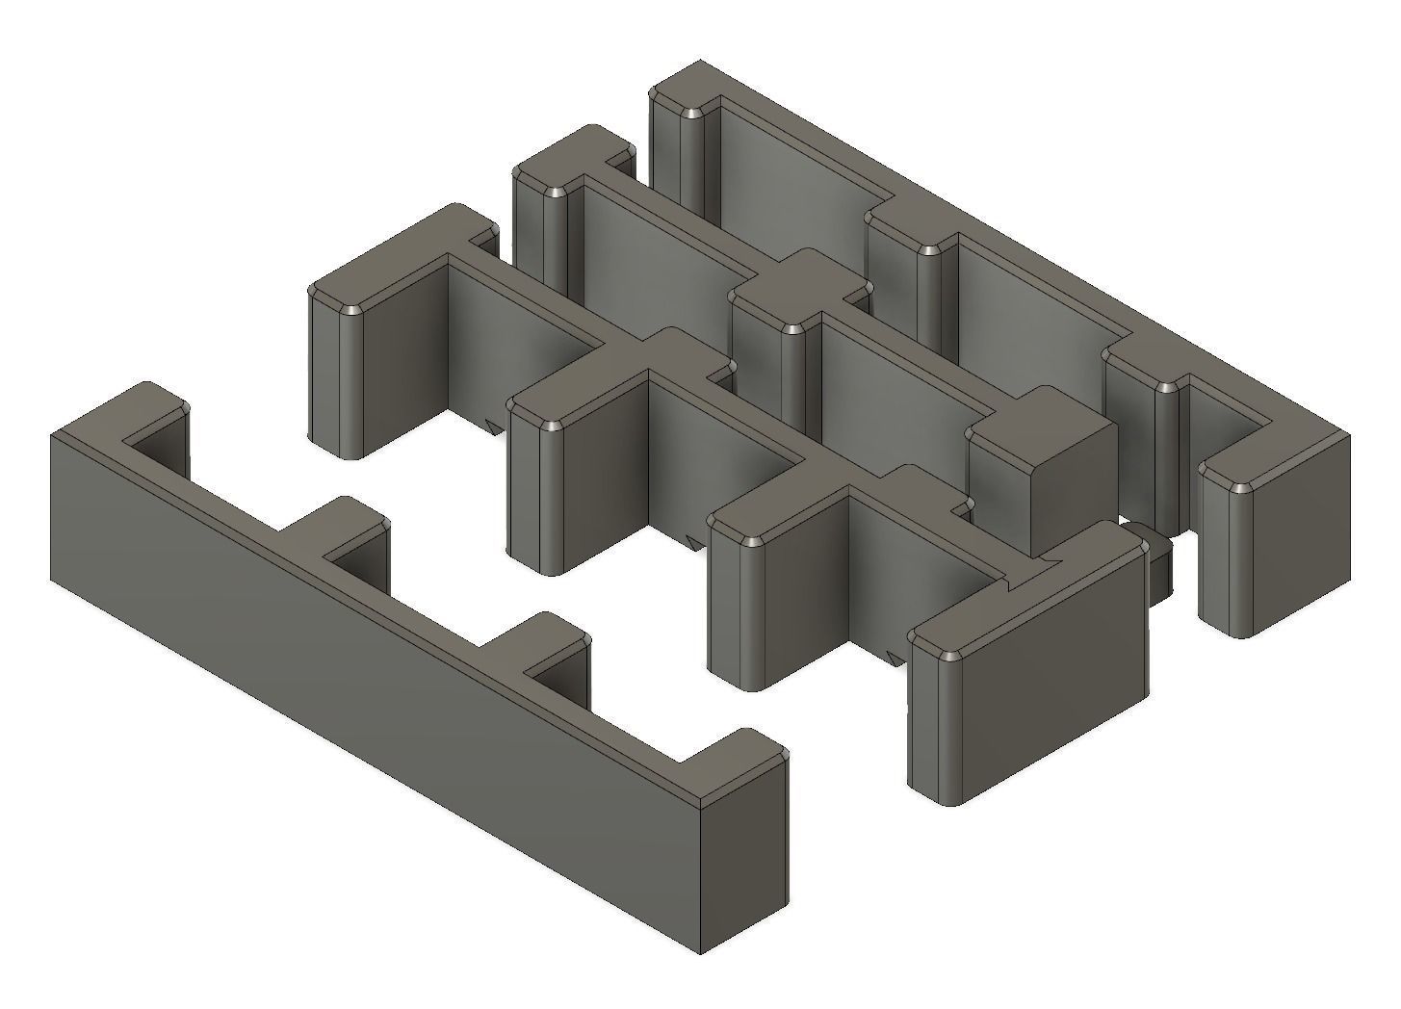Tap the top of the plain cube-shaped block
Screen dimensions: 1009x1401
tap(1040, 424)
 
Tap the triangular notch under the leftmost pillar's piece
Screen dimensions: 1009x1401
tap(496, 427)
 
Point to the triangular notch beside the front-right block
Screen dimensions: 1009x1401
tap(895, 655)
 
